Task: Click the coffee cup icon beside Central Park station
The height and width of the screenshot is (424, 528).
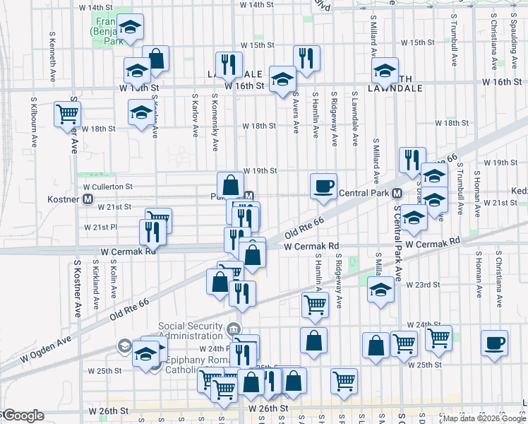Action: [323, 187]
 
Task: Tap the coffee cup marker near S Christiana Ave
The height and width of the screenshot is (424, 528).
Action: [494, 343]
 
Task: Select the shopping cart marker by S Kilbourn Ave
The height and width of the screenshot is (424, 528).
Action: [67, 113]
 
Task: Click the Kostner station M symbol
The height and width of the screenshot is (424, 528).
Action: [88, 199]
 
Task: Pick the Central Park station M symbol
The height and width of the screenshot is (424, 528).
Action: [397, 193]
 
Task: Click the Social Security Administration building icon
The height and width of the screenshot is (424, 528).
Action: [234, 328]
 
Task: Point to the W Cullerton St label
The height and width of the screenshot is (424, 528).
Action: [109, 187]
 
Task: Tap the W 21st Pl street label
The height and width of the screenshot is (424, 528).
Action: [100, 228]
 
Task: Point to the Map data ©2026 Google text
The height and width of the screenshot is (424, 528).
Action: [484, 418]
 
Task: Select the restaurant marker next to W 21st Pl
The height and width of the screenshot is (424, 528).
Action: [152, 231]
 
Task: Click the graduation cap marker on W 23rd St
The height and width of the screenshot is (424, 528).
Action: [380, 290]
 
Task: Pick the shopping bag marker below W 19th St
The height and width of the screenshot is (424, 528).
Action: [230, 186]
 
